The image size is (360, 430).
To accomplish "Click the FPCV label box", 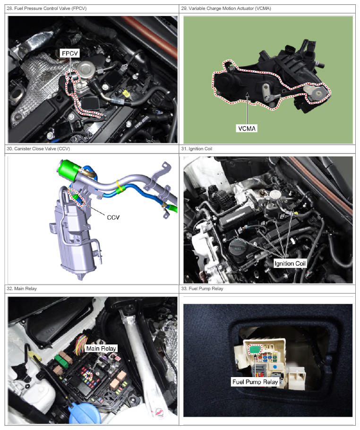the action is (70, 53).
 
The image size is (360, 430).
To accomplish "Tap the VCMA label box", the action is (247, 129).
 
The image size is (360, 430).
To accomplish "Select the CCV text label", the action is (113, 217).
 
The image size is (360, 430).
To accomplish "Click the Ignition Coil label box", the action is (290, 264).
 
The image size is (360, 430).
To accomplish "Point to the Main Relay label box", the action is (101, 349).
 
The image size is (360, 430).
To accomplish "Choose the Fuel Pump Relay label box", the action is (255, 382).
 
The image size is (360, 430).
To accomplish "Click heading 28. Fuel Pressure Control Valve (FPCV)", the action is (47, 9).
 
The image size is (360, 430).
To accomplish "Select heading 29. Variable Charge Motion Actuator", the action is (226, 9).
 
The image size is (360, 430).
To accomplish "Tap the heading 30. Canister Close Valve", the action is (38, 149).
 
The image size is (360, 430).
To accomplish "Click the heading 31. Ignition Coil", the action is (197, 149).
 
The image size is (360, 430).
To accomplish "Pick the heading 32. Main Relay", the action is (22, 289).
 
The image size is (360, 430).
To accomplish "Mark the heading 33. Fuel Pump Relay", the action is (202, 289).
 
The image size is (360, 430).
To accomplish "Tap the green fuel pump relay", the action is (255, 349).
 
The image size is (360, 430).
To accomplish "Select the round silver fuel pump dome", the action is (85, 67).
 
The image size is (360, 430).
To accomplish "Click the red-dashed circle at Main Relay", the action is (88, 376).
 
